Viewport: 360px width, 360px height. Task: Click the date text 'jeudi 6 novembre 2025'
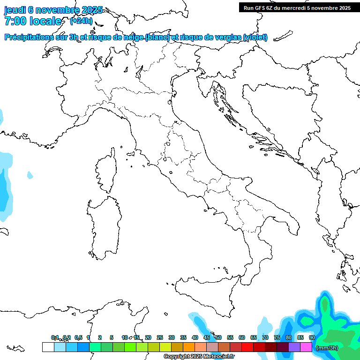[53, 10]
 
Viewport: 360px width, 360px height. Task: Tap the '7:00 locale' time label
[33, 21]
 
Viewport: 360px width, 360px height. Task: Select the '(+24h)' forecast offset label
[81, 21]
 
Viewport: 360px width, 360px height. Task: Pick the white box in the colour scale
[48, 347]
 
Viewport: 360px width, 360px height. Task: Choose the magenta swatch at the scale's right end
[306, 347]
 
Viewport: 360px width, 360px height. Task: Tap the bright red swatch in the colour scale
[247, 347]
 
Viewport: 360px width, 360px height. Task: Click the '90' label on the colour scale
[312, 337]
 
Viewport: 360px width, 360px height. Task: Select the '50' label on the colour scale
[218, 337]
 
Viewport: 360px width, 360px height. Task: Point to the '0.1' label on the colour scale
[55, 337]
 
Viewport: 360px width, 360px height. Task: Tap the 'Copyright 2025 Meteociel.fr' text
[199, 356]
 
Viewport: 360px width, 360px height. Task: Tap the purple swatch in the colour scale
[294, 347]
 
